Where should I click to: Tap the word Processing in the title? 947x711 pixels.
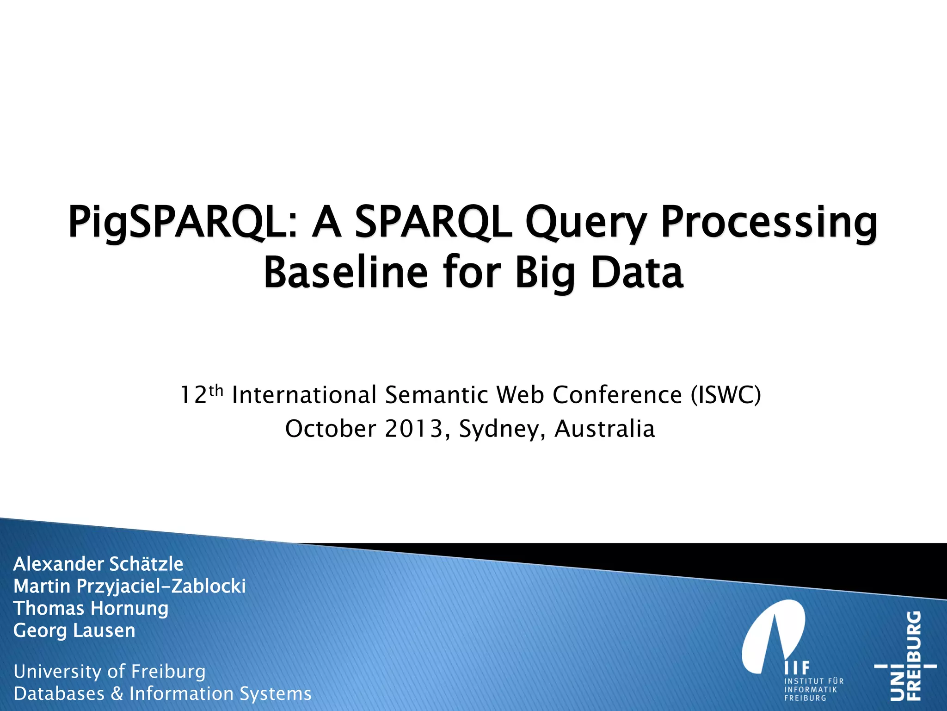click(769, 223)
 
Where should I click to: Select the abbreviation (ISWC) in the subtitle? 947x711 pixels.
click(726, 395)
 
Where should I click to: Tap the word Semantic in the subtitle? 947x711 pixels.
click(437, 395)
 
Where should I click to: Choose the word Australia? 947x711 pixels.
click(604, 429)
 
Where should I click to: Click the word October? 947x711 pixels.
click(330, 429)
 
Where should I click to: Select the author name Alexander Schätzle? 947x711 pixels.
click(98, 564)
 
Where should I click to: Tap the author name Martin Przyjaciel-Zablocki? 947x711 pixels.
click(129, 586)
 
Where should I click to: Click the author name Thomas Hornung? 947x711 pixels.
click(91, 609)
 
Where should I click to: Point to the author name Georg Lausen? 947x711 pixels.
click(74, 631)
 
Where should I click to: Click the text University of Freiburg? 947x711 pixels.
click(110, 672)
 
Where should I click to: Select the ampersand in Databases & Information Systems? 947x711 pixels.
click(117, 694)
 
